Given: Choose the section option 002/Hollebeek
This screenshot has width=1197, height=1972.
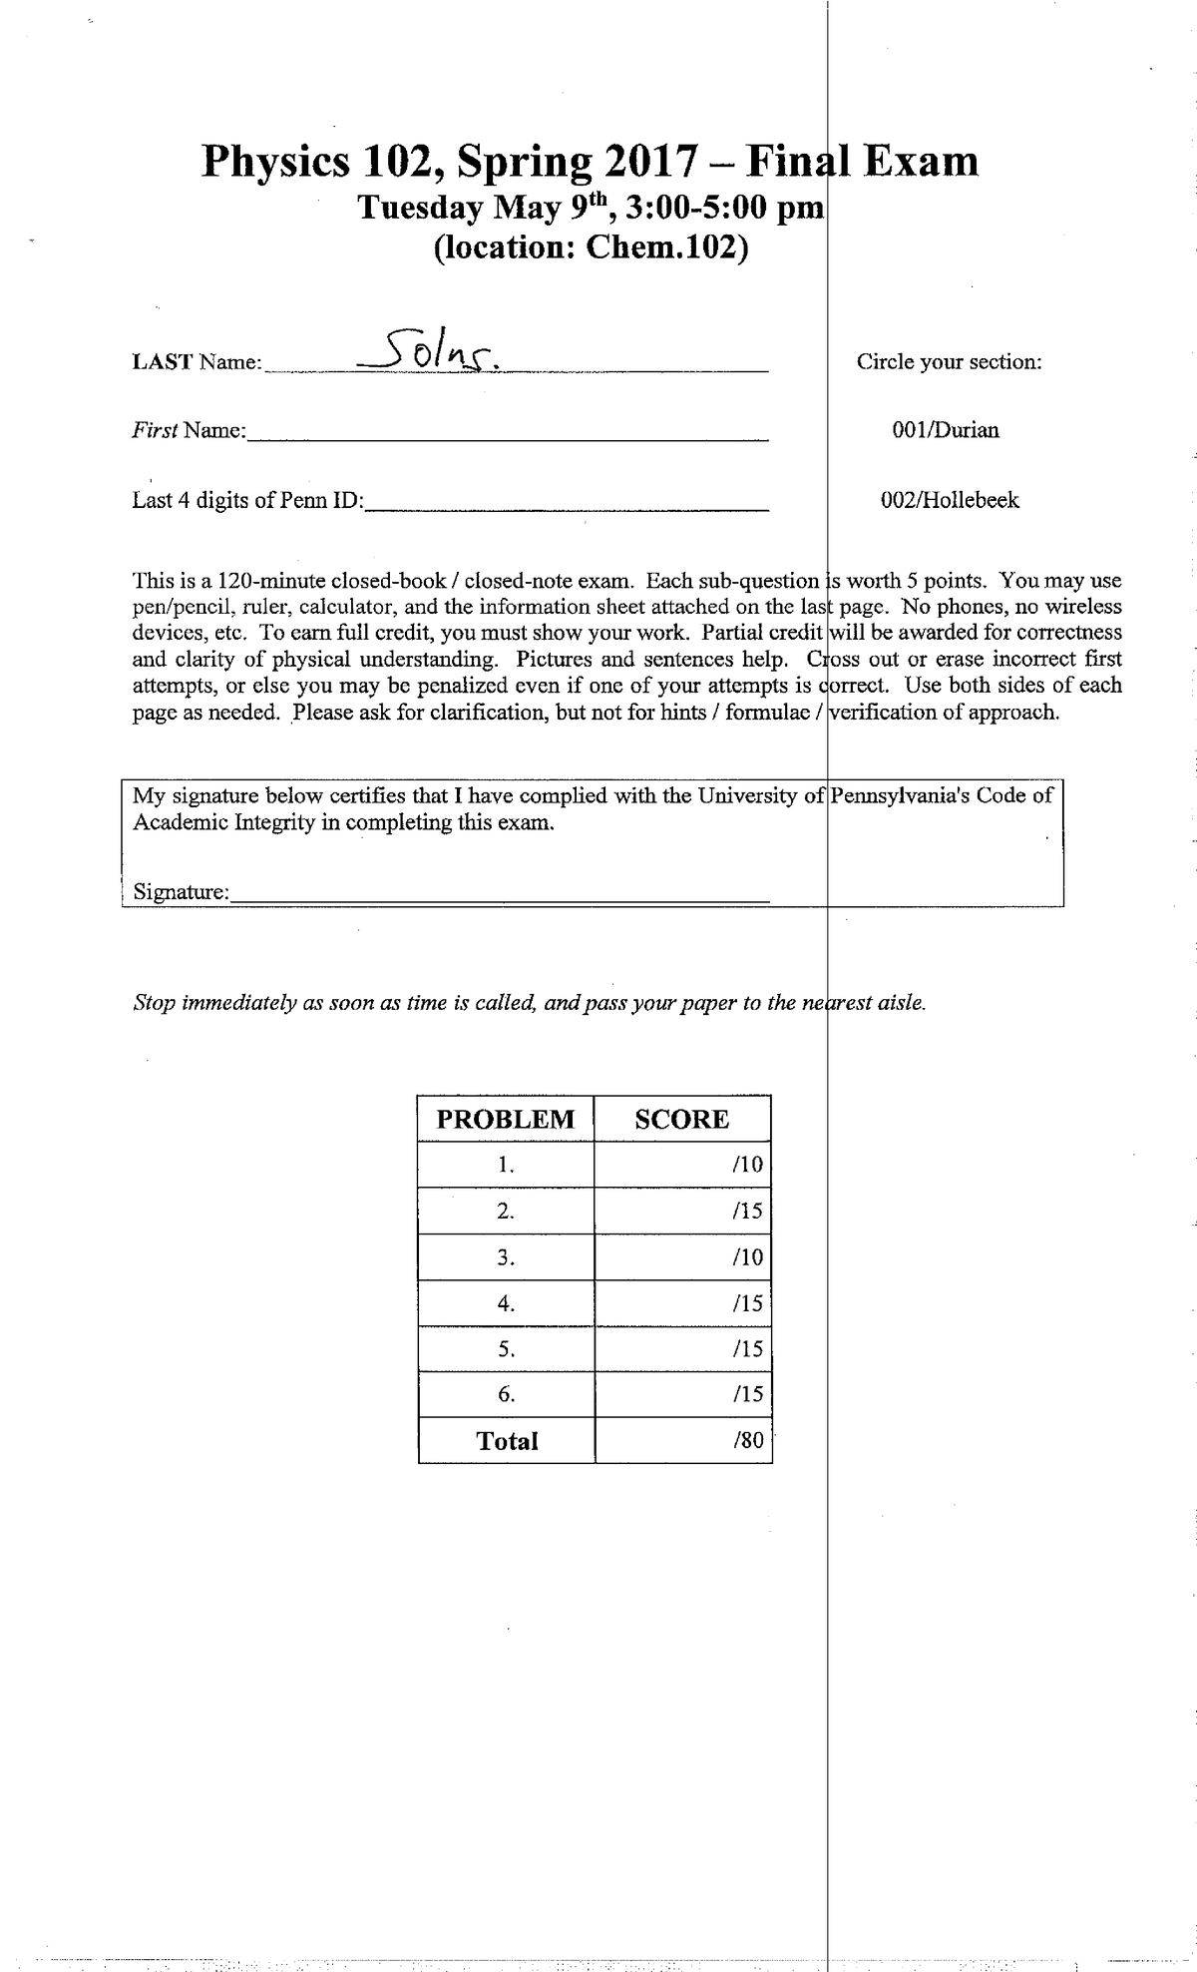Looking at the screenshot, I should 949,500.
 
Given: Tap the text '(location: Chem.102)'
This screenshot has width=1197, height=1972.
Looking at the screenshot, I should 590,246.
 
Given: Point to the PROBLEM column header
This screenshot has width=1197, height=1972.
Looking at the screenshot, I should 506,1119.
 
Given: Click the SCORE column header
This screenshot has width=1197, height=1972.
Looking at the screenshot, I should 682,1119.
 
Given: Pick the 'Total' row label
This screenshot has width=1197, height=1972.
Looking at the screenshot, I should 507,1440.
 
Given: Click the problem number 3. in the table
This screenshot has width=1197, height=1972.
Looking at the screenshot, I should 507,1257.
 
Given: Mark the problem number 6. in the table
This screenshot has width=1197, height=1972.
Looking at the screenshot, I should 507,1395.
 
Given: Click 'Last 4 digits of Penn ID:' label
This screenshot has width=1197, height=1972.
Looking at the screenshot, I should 248,501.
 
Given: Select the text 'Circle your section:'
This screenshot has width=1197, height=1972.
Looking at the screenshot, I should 949,362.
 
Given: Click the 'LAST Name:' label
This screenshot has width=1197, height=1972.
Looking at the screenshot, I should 196,362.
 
